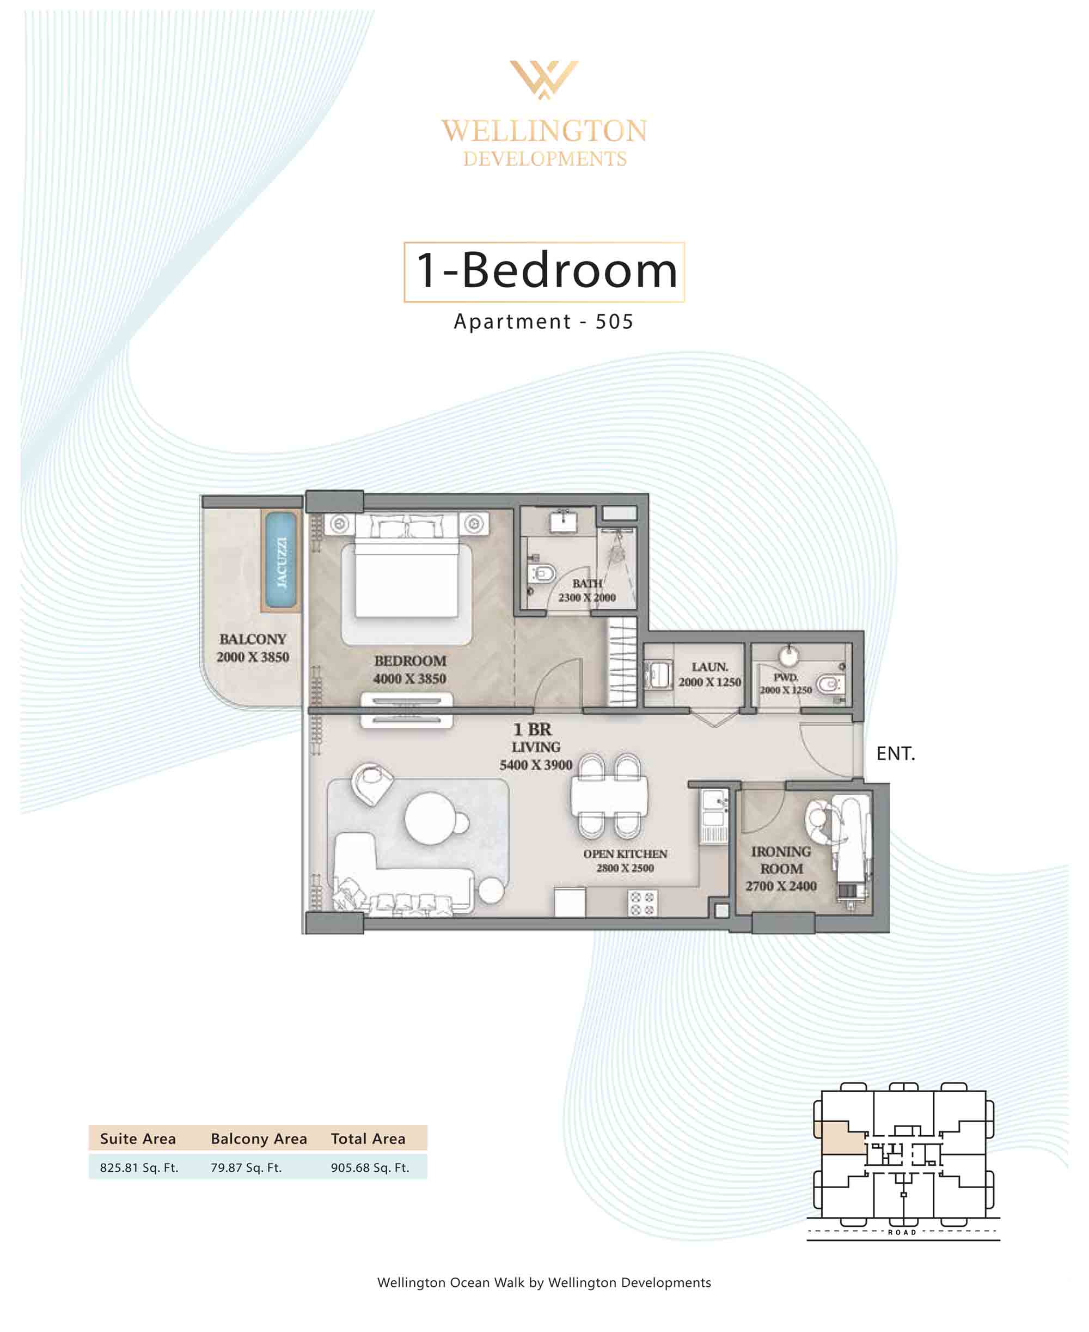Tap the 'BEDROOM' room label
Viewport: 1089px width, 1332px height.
(x=410, y=661)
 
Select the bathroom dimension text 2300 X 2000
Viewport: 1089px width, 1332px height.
(x=587, y=597)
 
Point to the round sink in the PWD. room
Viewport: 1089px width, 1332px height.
(x=788, y=656)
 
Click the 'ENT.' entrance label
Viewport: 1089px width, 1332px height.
(x=896, y=753)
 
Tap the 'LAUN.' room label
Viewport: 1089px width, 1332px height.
(x=710, y=667)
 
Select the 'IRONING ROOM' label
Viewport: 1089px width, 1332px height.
(x=781, y=860)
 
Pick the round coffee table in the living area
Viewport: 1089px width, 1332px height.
(x=430, y=819)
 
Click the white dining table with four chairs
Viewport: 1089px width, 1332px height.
(x=609, y=797)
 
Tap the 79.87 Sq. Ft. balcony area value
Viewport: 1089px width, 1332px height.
(x=246, y=1167)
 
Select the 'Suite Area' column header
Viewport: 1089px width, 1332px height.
(x=138, y=1139)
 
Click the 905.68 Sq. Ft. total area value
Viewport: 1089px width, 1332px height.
(x=370, y=1167)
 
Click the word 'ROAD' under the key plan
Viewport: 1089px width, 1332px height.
(x=902, y=1232)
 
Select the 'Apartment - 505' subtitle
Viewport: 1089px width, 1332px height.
(x=544, y=322)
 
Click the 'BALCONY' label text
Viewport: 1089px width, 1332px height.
(x=253, y=639)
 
